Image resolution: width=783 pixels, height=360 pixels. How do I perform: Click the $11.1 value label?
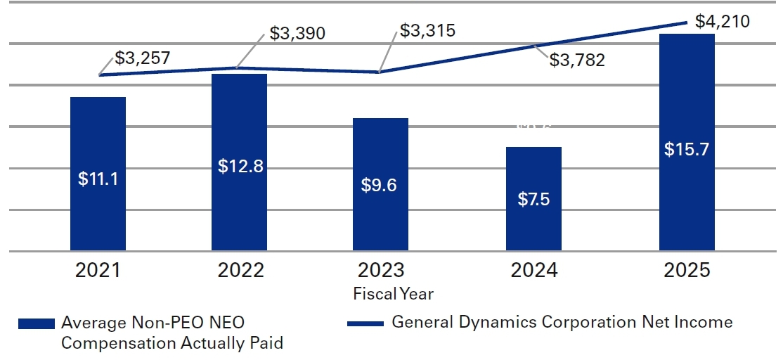98,179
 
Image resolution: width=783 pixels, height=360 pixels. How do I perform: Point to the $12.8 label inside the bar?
239,167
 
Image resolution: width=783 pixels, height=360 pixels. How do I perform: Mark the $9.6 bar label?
380,186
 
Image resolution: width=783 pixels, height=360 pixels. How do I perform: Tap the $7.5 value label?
533,199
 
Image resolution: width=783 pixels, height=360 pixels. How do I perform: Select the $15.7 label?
687,150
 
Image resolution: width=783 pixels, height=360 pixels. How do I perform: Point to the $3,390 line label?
297,34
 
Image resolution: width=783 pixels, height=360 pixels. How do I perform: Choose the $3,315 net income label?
427,31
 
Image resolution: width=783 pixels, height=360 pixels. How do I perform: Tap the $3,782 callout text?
577,60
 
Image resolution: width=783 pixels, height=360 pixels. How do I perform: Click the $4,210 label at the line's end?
722,21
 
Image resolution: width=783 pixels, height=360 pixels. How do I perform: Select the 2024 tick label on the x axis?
533,271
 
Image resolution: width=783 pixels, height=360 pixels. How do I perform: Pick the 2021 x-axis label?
98,271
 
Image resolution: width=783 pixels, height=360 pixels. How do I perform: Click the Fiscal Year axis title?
393,293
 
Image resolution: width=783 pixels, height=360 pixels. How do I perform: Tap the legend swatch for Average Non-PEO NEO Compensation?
37,323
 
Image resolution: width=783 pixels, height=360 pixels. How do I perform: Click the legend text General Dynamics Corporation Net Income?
562,323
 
